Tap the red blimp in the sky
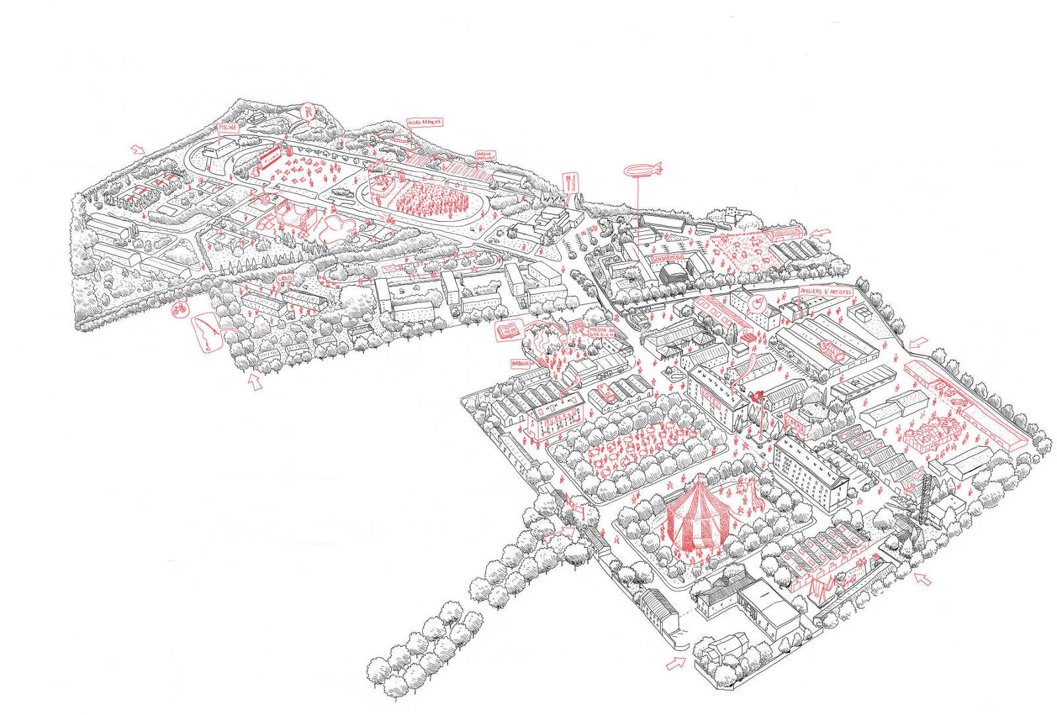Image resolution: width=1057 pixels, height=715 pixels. [641, 170]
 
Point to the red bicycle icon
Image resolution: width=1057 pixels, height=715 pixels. [180, 308]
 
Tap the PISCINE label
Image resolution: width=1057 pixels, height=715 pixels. [227, 127]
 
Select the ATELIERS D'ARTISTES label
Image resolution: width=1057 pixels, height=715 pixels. [826, 291]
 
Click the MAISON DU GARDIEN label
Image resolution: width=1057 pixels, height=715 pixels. [602, 332]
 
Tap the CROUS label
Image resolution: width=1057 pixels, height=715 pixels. [285, 279]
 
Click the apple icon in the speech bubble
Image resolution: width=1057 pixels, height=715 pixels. [757, 303]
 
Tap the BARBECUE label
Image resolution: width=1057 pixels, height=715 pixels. [521, 363]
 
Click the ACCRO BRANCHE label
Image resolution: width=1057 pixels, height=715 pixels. [424, 123]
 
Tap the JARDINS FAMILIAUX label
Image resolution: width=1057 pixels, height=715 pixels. [485, 156]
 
